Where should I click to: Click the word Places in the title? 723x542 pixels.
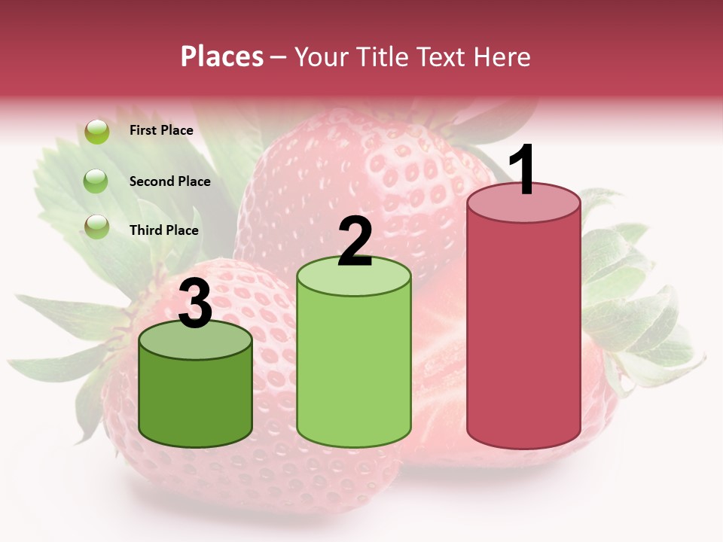[x=221, y=56]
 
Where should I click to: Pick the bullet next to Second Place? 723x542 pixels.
[x=96, y=181]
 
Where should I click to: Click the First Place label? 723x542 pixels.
[x=161, y=130]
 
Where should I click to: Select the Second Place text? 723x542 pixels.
[x=169, y=181]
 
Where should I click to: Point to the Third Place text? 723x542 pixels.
[x=163, y=230]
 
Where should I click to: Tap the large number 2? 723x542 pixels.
[x=355, y=241]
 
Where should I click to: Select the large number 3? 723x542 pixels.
[x=196, y=303]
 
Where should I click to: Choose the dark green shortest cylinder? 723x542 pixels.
[x=196, y=399]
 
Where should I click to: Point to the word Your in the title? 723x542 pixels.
[x=317, y=56]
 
